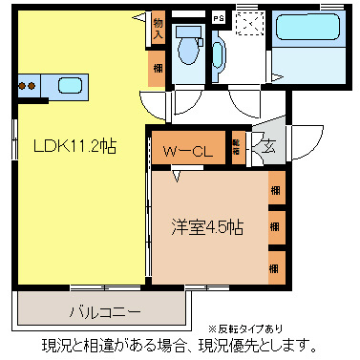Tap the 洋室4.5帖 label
point(206,228)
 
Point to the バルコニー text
point(105,311)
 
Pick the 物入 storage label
point(158,29)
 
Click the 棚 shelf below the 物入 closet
point(157,69)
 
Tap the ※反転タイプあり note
point(244,328)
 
